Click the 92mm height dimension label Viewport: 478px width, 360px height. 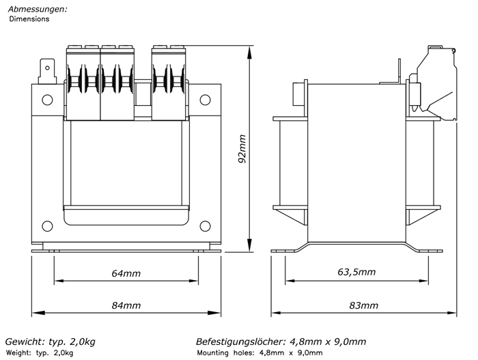[242, 149]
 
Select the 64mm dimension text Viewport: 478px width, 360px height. [126, 273]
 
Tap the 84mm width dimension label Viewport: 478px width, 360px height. [126, 305]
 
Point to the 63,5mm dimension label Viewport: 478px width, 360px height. [356, 272]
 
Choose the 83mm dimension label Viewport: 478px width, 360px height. [363, 305]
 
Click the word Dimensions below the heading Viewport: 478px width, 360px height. [29, 19]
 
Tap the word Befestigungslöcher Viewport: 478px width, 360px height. [241, 342]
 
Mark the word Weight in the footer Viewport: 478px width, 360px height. [18, 353]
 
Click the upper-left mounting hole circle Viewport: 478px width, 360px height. [47, 100]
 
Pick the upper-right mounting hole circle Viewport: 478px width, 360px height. [205, 100]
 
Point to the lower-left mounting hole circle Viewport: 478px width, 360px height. [47, 226]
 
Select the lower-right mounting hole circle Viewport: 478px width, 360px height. [205, 226]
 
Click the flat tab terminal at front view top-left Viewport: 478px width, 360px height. [47, 72]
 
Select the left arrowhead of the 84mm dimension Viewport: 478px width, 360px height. [38, 313]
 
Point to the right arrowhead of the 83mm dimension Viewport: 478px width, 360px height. [450, 313]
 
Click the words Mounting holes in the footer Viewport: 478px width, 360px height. [225, 353]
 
